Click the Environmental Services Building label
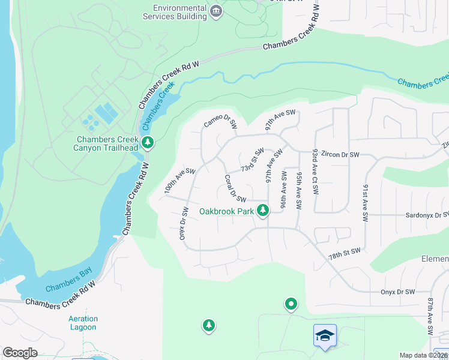(179, 13)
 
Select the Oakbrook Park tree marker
(262, 210)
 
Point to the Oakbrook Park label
(226, 211)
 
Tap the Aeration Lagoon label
(82, 323)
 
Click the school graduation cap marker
(325, 335)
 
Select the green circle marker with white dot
(291, 305)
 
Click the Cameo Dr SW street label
(221, 121)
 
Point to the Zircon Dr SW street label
(340, 154)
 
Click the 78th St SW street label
(345, 254)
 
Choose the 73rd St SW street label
(252, 160)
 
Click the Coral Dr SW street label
(235, 188)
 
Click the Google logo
(20, 353)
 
